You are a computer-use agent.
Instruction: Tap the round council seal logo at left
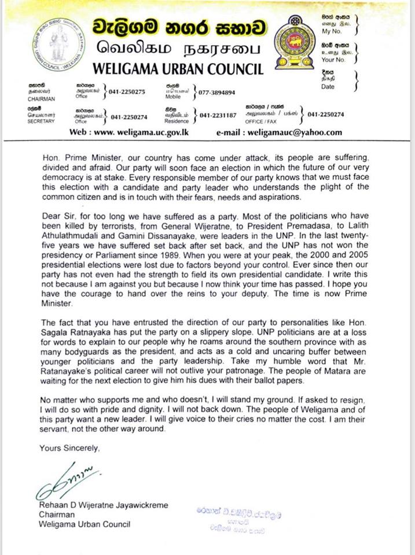pyautogui.click(x=58, y=44)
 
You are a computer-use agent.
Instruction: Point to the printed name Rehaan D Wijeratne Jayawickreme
pyautogui.click(x=104, y=505)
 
